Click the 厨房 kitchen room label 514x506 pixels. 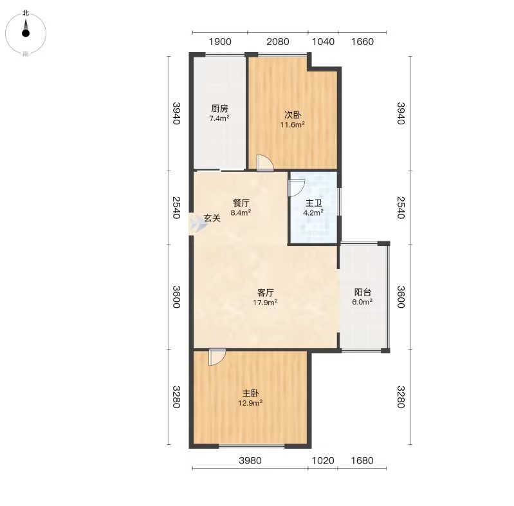pyautogui.click(x=219, y=108)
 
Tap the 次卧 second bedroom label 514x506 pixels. pyautogui.click(x=293, y=115)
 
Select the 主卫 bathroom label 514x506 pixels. pyautogui.click(x=313, y=203)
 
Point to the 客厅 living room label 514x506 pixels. pyautogui.click(x=265, y=292)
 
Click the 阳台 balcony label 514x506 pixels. pyautogui.click(x=362, y=292)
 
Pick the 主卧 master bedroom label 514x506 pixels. pyautogui.click(x=250, y=393)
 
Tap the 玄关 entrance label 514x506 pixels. pyautogui.click(x=212, y=218)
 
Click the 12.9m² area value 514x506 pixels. pyautogui.click(x=250, y=402)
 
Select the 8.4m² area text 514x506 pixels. pyautogui.click(x=241, y=212)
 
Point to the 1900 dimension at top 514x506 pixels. pyautogui.click(x=220, y=42)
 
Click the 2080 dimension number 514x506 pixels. pyautogui.click(x=278, y=42)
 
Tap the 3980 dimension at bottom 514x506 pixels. pyautogui.click(x=250, y=461)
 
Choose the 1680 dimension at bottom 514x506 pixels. pyautogui.click(x=362, y=461)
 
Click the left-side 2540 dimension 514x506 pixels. pyautogui.click(x=176, y=207)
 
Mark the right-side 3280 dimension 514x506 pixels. pyautogui.click(x=401, y=397)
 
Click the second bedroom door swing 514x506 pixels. pyautogui.click(x=264, y=163)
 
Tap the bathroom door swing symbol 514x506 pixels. pyautogui.click(x=297, y=188)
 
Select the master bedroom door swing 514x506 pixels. pyautogui.click(x=217, y=357)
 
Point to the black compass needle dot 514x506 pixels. pyautogui.click(x=26, y=33)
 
